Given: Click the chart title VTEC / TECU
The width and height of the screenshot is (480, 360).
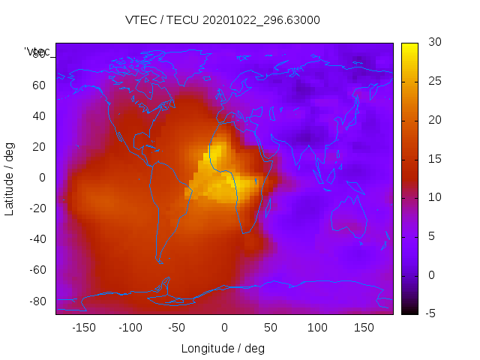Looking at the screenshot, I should point(223,20).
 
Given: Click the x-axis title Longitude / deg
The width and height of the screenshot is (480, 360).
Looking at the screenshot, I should point(223,349).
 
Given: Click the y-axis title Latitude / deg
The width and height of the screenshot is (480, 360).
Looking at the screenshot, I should point(10,178).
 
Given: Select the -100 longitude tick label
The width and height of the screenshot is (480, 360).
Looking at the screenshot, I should point(130,328).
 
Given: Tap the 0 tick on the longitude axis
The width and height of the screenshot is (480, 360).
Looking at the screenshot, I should point(224,328).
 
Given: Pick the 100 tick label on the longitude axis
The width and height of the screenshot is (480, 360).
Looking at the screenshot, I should point(317,328).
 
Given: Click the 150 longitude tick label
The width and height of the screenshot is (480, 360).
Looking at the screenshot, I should point(364,328).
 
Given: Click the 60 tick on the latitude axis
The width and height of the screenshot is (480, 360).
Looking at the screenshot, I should point(39,85).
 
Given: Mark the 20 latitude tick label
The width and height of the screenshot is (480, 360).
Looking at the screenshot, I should point(39,147).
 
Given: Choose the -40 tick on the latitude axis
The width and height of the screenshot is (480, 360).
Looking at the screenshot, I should point(36,239).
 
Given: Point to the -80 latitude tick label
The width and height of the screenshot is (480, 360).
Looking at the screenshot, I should point(36,301).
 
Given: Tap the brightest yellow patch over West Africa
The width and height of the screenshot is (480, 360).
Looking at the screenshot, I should point(215,157).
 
